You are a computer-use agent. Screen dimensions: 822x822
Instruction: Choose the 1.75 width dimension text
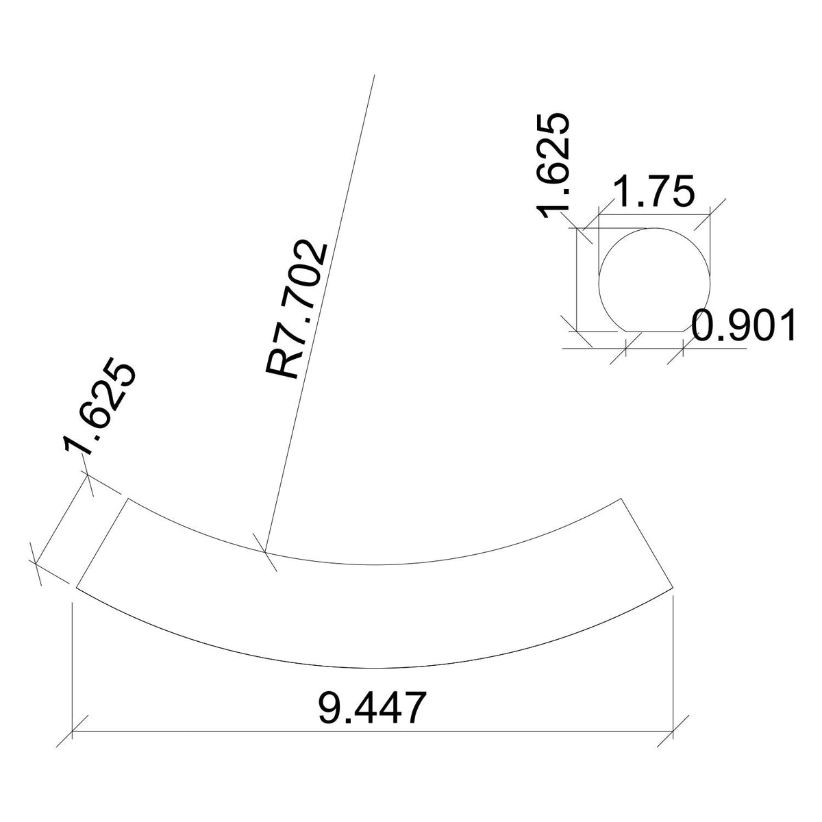[654, 192]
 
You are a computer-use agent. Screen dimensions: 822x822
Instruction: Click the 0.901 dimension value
[743, 326]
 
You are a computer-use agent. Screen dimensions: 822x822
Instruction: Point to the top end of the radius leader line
[374, 76]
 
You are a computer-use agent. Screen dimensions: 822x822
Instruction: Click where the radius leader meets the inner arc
[265, 551]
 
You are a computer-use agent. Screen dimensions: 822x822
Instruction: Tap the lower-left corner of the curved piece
[75, 587]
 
